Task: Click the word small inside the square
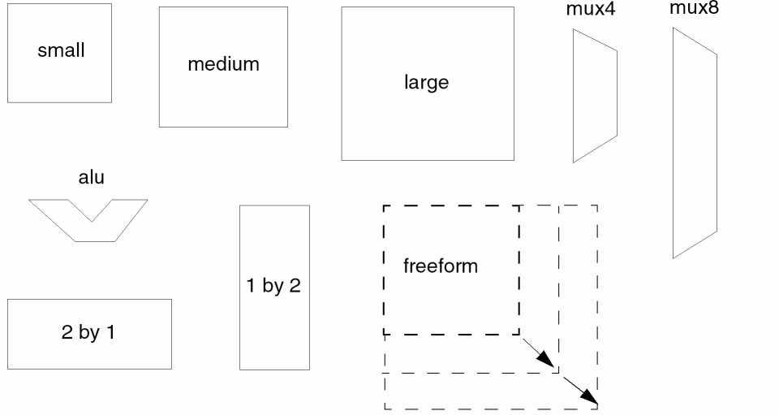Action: click(61, 50)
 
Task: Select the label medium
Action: click(223, 64)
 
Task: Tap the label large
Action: click(426, 82)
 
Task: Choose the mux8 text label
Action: click(694, 9)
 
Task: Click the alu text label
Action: click(91, 178)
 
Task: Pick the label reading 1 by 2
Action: click(274, 286)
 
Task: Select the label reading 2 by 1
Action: click(88, 333)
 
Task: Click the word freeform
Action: click(441, 266)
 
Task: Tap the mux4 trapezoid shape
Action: click(595, 96)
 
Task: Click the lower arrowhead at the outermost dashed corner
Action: click(593, 401)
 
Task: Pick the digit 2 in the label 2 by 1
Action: click(67, 333)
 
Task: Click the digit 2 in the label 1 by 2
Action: click(295, 286)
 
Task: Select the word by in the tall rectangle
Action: click(273, 287)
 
